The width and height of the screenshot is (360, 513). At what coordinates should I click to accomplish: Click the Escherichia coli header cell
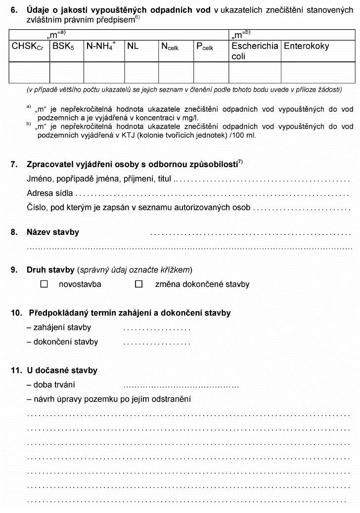tap(254, 51)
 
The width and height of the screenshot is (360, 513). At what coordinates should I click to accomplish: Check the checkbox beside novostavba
tap(44, 284)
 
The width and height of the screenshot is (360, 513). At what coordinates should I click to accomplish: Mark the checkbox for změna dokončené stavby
tap(139, 284)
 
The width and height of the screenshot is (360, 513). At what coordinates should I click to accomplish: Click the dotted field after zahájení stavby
tap(157, 328)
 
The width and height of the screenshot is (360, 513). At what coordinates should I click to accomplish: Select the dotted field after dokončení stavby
tap(157, 343)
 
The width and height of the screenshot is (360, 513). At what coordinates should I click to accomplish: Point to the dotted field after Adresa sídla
tap(213, 194)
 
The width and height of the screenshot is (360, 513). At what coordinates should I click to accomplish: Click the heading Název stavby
tap(52, 232)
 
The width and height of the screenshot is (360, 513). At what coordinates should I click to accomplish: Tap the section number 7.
tap(14, 165)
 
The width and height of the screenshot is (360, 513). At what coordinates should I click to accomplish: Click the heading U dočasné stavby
tap(62, 371)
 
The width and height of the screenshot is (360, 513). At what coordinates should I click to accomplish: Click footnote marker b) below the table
tap(29, 124)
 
